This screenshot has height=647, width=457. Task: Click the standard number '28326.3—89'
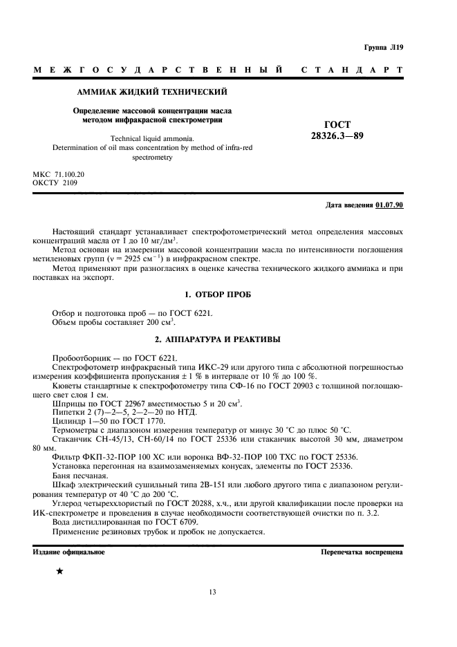point(337,136)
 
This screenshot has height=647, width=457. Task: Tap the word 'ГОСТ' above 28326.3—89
point(337,124)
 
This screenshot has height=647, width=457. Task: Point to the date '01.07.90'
point(390,205)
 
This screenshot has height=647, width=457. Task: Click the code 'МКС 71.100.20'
point(59,175)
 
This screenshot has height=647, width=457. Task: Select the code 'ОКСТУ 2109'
point(55,183)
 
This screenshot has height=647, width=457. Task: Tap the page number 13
point(213,591)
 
